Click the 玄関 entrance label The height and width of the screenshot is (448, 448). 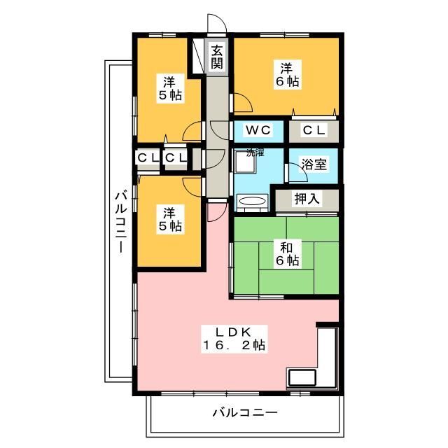[217, 57]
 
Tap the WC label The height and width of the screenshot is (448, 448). [258, 130]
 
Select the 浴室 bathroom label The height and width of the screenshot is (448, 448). [314, 164]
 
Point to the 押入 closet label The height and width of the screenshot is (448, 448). [307, 198]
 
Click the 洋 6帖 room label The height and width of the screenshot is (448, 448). [287, 75]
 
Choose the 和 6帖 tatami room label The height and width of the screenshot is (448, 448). [287, 254]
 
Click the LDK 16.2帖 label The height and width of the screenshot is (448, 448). [234, 339]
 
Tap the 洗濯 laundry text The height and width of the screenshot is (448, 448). [255, 153]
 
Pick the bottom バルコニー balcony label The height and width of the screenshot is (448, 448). [245, 413]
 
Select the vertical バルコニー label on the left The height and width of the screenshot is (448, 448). [121, 222]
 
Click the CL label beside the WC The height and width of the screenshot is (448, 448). [314, 130]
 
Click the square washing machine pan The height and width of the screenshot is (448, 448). [246, 162]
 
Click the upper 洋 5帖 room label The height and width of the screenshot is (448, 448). [170, 89]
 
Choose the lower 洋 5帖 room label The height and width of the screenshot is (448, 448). [170, 219]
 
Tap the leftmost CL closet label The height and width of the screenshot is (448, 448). [148, 157]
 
